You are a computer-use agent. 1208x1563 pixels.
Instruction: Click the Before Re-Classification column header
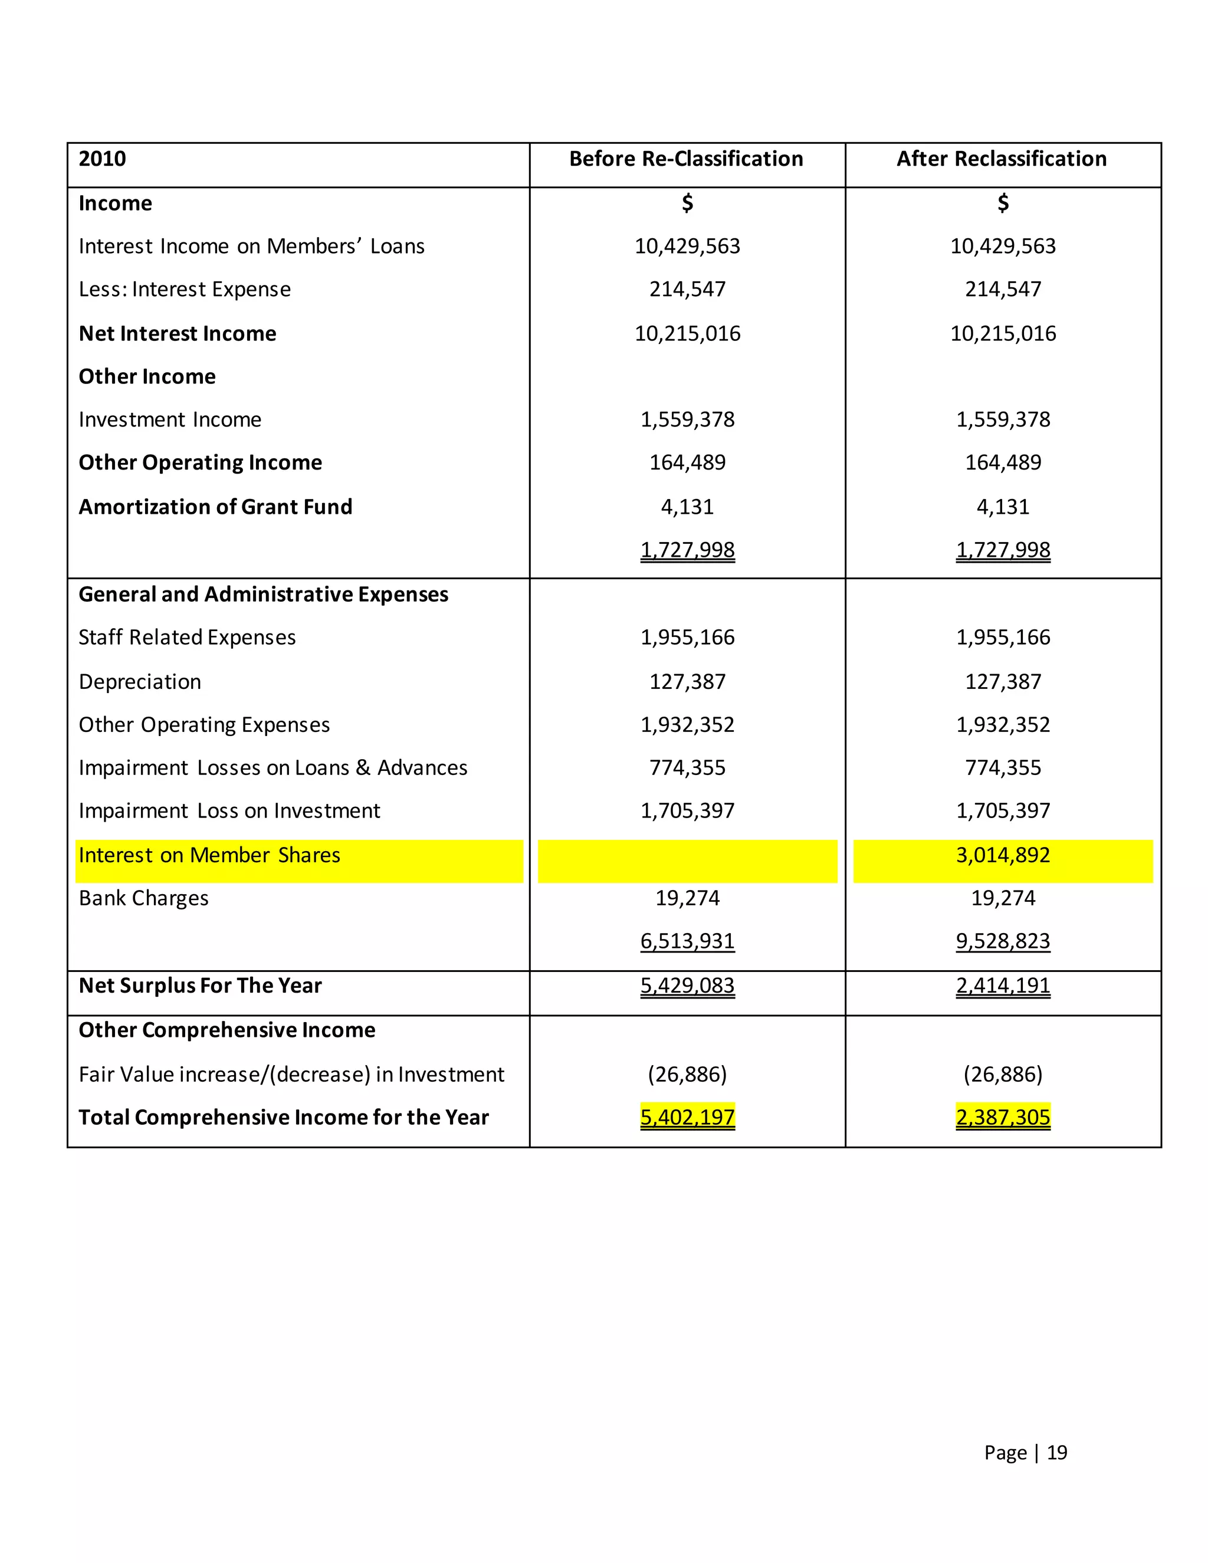point(685,159)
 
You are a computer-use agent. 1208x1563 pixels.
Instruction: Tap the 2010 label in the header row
point(102,159)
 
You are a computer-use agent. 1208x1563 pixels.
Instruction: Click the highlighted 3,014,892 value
point(1003,855)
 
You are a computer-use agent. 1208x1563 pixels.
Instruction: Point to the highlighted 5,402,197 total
point(687,1117)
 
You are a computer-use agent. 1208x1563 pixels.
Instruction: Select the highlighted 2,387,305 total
point(1003,1117)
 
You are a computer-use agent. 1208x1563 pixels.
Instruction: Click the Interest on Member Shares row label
point(209,855)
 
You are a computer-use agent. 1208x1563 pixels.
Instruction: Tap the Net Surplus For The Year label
point(201,986)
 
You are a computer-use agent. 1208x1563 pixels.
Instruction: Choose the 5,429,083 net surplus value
point(687,986)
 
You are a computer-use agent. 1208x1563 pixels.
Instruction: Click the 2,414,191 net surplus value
point(1003,986)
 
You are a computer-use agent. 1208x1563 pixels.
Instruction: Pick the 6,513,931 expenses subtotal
point(687,941)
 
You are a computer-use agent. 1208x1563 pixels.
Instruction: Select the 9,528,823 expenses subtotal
point(1003,941)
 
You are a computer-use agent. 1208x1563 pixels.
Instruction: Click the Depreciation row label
point(140,682)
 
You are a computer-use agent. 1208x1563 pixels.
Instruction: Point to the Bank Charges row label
point(144,898)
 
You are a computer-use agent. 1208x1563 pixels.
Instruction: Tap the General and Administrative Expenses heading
point(263,595)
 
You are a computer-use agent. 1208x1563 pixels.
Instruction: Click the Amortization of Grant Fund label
point(215,507)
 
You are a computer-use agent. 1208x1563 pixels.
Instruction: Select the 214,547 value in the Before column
point(687,289)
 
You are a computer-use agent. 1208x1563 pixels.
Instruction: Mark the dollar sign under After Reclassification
point(1003,203)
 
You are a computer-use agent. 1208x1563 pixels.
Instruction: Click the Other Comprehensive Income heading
point(227,1030)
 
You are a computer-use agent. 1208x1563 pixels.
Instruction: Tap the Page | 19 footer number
point(1025,1452)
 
